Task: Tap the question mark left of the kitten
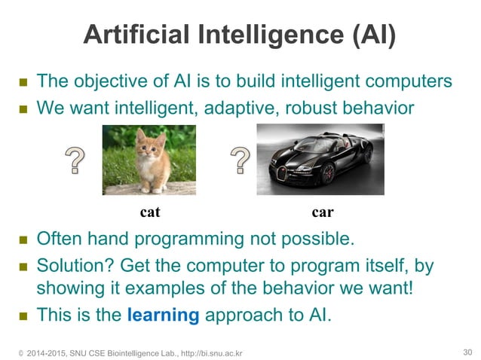tap(74, 161)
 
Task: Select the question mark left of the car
tap(240, 160)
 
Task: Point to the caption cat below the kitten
tap(151, 212)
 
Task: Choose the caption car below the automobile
tap(323, 212)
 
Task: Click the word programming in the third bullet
tap(193, 240)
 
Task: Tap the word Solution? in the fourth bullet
tap(73, 267)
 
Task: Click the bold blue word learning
tap(163, 315)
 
